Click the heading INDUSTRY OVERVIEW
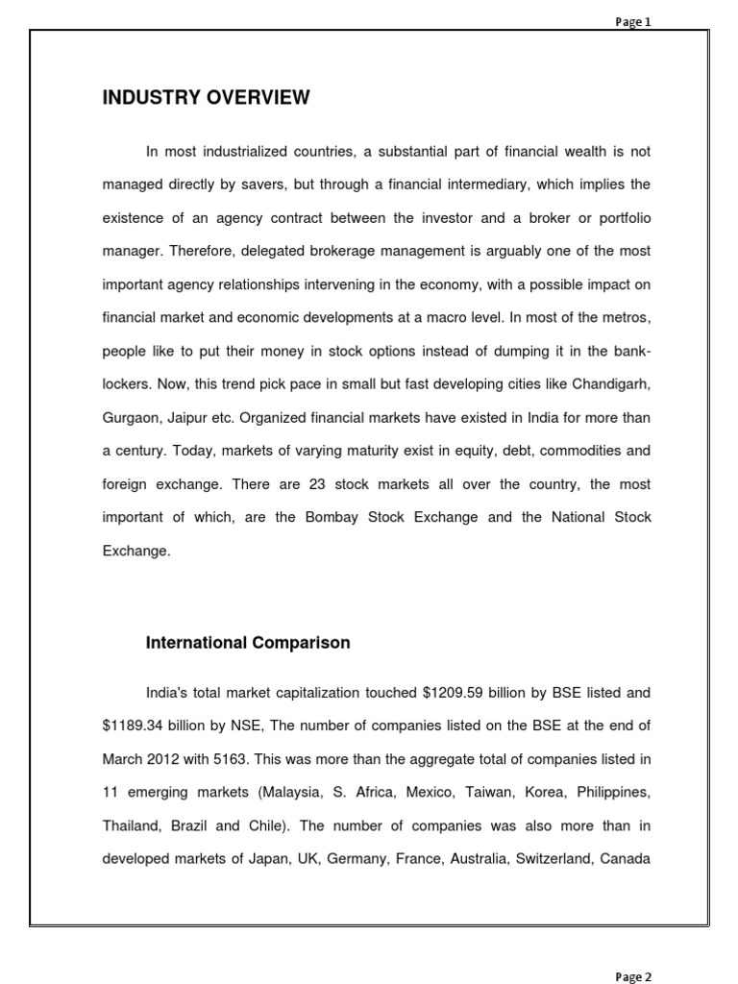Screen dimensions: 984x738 (x=207, y=97)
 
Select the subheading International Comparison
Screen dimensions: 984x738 (x=248, y=643)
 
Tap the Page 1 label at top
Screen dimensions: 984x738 (x=633, y=22)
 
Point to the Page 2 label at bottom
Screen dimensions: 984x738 (x=633, y=976)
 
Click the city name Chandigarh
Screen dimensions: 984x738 (x=610, y=383)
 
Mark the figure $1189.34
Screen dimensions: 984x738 (x=138, y=726)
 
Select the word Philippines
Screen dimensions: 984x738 (x=610, y=792)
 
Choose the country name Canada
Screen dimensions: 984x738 (x=626, y=858)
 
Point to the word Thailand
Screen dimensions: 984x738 (x=131, y=824)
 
